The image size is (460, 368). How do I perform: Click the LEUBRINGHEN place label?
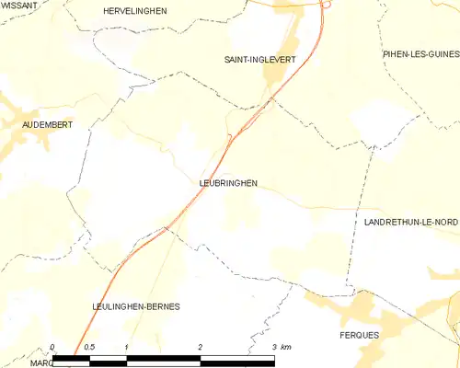(x=228, y=183)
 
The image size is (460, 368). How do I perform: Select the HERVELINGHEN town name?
(x=134, y=10)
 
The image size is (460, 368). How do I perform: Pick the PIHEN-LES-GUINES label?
(x=420, y=55)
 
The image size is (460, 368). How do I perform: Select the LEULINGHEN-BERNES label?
(x=135, y=306)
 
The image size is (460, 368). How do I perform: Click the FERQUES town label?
(x=359, y=335)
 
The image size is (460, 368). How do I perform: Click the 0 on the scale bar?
(x=52, y=347)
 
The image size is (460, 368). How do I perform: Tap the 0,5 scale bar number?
(x=88, y=347)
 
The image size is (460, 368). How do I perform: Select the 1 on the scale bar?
(x=125, y=347)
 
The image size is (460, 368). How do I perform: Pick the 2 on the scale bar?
(x=200, y=347)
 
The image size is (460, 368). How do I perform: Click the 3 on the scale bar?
(x=273, y=347)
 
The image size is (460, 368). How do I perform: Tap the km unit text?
(x=286, y=347)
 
